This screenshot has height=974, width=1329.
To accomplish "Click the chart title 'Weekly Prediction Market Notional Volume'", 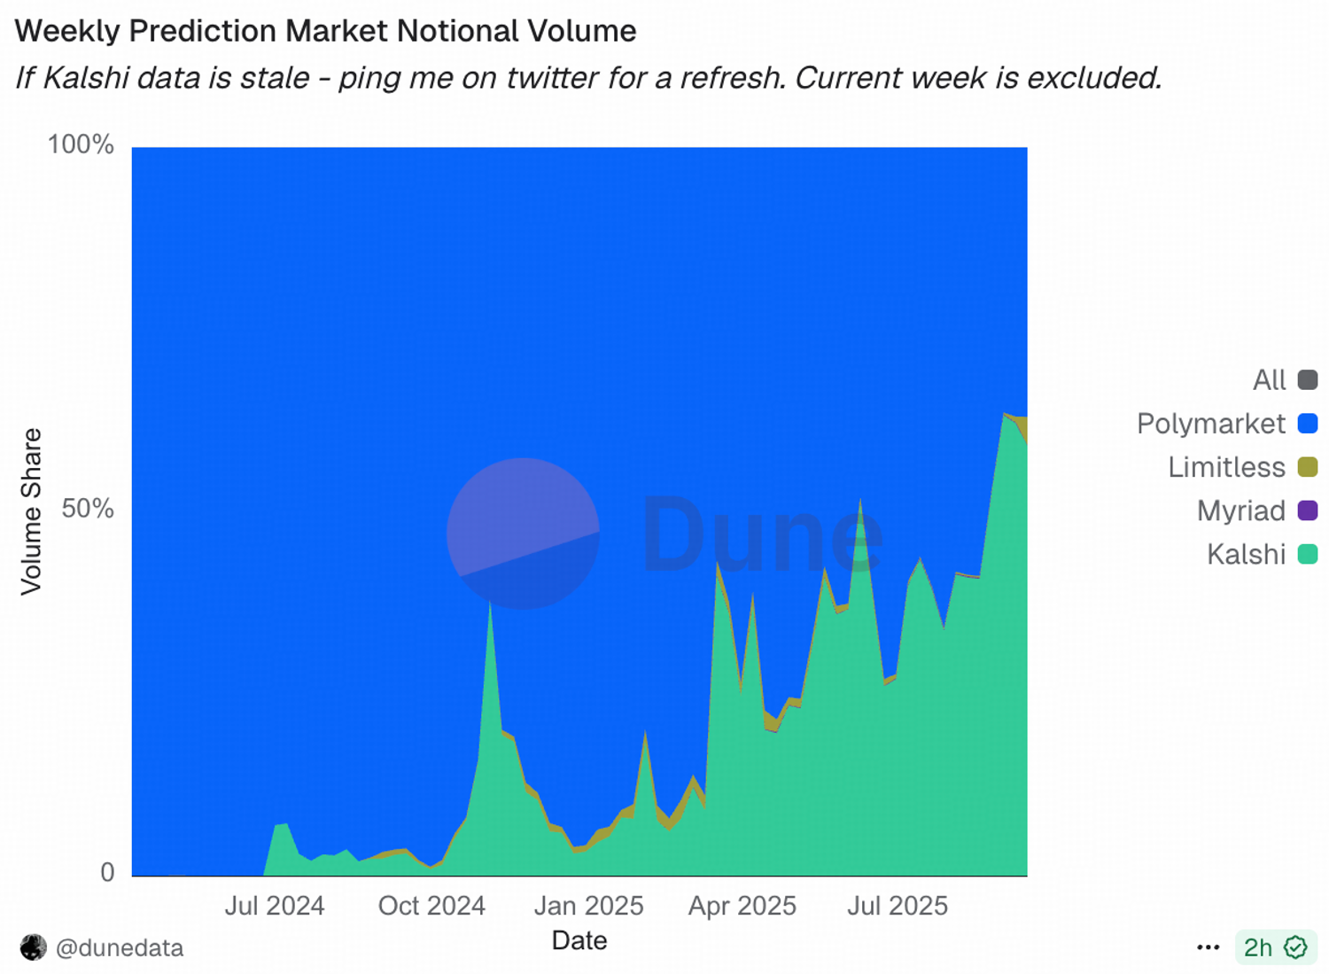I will pyautogui.click(x=325, y=31).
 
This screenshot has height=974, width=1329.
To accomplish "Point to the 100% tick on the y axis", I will pyautogui.click(x=81, y=144).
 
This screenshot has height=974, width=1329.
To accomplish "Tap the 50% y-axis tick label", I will pyautogui.click(x=88, y=509).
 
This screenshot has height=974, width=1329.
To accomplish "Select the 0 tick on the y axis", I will pyautogui.click(x=107, y=872).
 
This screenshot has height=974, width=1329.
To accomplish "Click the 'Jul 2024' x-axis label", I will pyautogui.click(x=274, y=906).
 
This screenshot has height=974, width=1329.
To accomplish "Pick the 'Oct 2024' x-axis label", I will pyautogui.click(x=431, y=906).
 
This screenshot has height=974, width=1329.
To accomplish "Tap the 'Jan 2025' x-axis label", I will pyautogui.click(x=588, y=906).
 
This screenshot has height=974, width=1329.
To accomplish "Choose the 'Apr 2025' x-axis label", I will pyautogui.click(x=742, y=906).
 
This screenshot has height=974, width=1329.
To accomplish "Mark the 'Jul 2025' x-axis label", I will pyautogui.click(x=898, y=906).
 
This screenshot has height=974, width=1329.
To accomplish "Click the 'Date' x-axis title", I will pyautogui.click(x=579, y=940).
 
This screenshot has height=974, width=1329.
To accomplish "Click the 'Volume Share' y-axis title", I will pyautogui.click(x=31, y=511).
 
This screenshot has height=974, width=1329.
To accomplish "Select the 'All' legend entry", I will pyautogui.click(x=1269, y=380).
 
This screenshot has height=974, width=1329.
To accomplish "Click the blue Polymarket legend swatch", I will pyautogui.click(x=1308, y=424).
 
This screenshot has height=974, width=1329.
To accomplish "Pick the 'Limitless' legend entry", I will pyautogui.click(x=1226, y=467).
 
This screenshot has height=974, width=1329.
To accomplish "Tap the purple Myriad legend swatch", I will pyautogui.click(x=1308, y=510).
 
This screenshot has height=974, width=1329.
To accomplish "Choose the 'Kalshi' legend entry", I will pyautogui.click(x=1246, y=554).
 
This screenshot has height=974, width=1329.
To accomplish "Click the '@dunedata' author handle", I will pyautogui.click(x=119, y=947).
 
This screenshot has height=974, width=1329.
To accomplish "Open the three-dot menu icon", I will pyautogui.click(x=1208, y=947).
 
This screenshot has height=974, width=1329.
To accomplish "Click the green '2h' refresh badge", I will pyautogui.click(x=1275, y=947).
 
